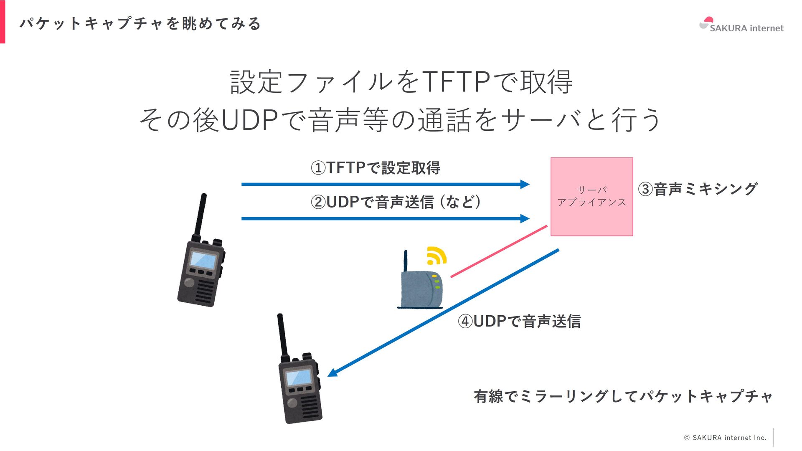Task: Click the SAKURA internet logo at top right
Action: [x=741, y=25]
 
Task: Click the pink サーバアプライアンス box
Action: [x=591, y=197]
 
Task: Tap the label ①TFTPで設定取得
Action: [x=375, y=168]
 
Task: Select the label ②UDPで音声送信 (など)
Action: [x=395, y=202]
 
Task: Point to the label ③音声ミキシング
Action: [x=698, y=189]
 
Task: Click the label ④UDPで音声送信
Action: [x=519, y=321]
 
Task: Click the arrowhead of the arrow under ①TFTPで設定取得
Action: [x=525, y=184]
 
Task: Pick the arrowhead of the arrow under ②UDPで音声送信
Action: [x=525, y=218]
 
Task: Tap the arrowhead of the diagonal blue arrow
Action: [x=333, y=372]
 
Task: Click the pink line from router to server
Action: [x=499, y=251]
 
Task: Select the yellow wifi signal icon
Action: [x=436, y=256]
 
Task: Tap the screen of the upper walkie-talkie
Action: [x=203, y=260]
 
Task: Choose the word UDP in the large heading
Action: [x=249, y=120]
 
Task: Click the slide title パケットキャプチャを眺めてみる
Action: [x=140, y=23]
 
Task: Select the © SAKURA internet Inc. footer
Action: [x=725, y=438]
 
